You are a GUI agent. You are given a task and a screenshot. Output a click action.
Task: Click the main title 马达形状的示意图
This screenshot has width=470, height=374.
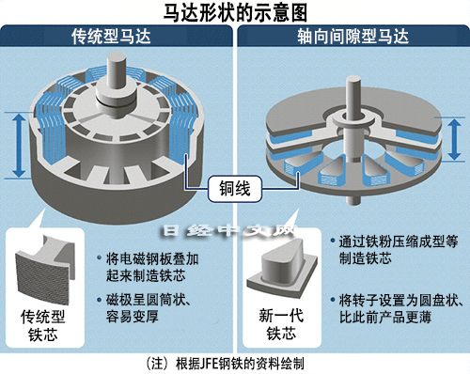click(x=235, y=12)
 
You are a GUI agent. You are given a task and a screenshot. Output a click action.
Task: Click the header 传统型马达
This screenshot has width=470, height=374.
click(x=111, y=37)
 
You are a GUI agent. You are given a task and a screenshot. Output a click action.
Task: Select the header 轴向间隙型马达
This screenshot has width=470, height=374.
click(x=353, y=37)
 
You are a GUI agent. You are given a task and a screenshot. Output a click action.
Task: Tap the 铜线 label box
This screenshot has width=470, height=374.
click(x=235, y=189)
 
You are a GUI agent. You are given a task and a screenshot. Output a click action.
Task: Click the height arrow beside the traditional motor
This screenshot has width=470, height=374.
click(x=20, y=146)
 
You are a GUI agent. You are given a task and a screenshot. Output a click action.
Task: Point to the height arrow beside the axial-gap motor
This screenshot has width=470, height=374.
click(x=454, y=139)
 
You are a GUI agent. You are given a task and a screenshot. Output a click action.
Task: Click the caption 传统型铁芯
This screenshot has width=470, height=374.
click(x=43, y=325)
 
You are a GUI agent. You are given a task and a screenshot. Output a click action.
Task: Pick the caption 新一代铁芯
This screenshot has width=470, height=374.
click(x=281, y=324)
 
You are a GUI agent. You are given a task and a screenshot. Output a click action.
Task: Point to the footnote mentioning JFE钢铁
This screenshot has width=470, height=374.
click(x=225, y=364)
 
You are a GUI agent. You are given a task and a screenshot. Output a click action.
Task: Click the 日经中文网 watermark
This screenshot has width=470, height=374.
click(x=229, y=231)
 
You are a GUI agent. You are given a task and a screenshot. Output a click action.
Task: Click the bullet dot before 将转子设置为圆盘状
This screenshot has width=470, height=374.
click(x=333, y=300)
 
